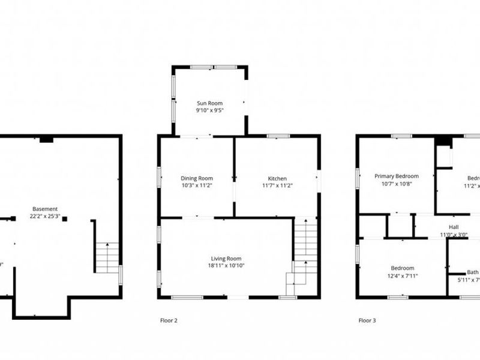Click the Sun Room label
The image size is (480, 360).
209,103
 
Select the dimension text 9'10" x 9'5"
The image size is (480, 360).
209,110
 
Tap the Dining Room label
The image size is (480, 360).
197,178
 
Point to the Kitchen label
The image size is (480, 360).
277,178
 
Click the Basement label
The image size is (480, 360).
45,209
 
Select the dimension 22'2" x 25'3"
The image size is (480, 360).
45,216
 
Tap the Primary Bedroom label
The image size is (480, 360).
397,176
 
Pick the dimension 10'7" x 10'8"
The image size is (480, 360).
397,184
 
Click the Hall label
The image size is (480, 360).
454,227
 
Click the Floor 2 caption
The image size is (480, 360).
169,320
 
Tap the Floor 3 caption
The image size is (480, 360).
367,320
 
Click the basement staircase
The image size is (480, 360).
107,256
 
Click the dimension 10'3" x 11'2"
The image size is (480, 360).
197,186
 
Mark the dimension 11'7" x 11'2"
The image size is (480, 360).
277,186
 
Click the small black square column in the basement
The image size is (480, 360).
64,219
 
